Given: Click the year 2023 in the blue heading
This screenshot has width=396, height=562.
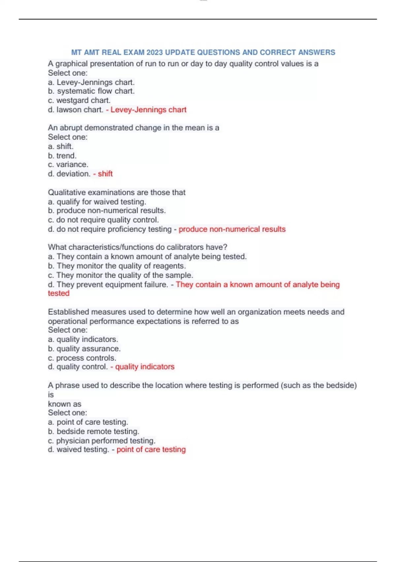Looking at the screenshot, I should pos(155,53).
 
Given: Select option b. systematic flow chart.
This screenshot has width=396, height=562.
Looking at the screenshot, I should pos(91,91).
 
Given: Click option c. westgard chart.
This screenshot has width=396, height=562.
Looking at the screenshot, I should pos(79,100).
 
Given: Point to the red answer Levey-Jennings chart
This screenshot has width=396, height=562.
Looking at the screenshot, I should pos(148,110).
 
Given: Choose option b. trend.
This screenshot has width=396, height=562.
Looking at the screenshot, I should pos(62,156).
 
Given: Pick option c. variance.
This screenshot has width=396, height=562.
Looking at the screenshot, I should pos(68,165).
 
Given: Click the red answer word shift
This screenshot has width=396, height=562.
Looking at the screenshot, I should pos(105,174).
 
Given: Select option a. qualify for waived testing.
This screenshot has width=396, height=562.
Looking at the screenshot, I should pos(97,202).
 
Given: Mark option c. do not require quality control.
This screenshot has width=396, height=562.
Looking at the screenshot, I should pos(103,220).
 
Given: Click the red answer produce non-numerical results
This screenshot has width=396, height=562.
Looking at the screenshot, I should pos(232,229).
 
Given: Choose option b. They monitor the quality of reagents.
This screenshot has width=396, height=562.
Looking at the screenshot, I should pos(117,266).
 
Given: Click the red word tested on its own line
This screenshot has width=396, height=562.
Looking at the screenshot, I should pos(59,294).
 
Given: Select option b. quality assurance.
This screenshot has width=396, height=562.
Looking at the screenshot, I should pos(84,349).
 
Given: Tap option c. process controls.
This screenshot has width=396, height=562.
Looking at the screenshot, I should pos(82,358).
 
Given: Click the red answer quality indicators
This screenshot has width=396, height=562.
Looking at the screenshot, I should pos(145,367).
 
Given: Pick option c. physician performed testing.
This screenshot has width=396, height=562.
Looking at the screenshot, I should pos(102,441).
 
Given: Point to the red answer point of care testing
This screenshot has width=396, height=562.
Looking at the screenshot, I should pos(151,450).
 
